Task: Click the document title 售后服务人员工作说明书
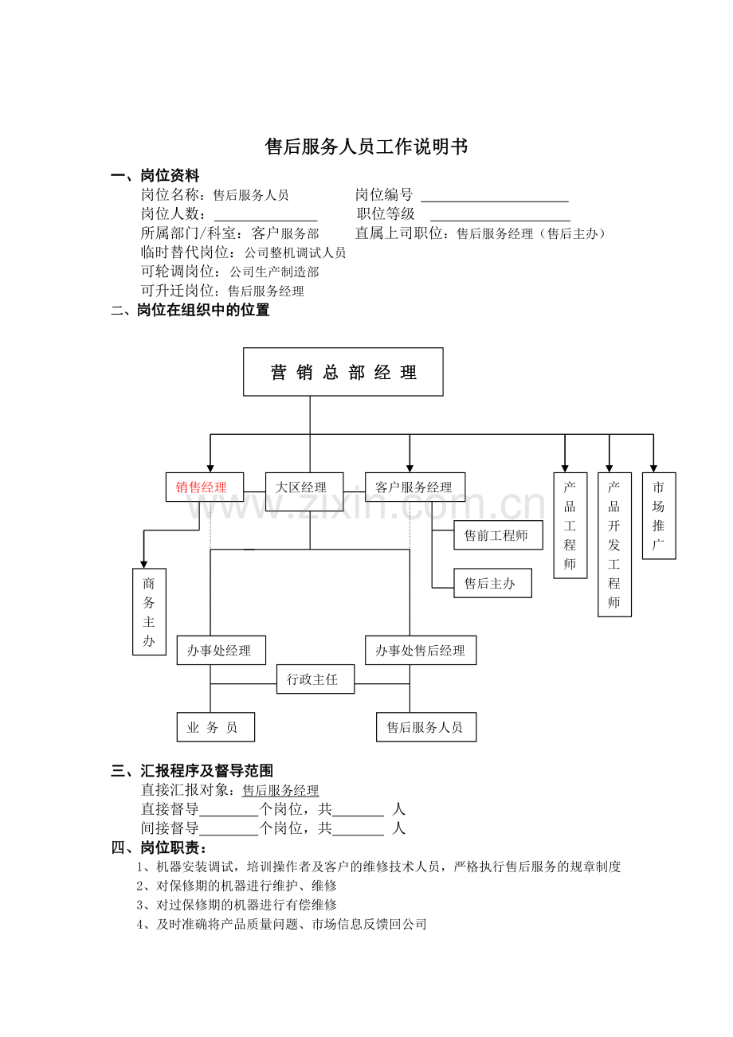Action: [x=366, y=147]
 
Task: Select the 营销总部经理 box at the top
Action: [x=343, y=372]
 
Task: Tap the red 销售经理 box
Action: [x=205, y=487]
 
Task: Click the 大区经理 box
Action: [x=304, y=491]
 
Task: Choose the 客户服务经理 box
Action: [x=415, y=487]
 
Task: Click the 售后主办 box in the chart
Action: [x=492, y=583]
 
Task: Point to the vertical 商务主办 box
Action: [x=149, y=612]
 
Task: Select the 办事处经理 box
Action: [x=221, y=651]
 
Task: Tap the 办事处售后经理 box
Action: [x=421, y=651]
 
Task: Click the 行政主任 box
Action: [x=316, y=679]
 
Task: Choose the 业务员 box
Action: [x=216, y=727]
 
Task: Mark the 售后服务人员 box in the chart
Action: [x=426, y=727]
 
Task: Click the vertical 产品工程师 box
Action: [x=570, y=526]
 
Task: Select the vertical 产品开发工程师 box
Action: [x=614, y=545]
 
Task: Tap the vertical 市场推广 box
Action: [x=659, y=516]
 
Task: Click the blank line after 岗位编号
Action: [x=495, y=202]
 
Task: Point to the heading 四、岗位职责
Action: [x=159, y=847]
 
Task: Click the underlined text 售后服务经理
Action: [x=280, y=790]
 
